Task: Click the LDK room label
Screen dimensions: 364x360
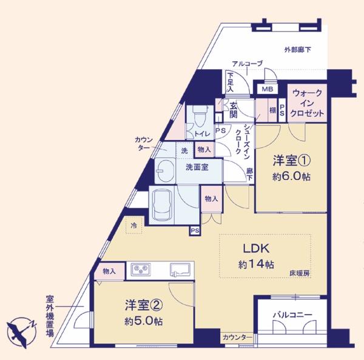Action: [x=256, y=248]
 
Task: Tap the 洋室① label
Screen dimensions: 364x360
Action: [x=292, y=161]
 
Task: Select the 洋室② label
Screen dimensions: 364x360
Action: [x=144, y=305]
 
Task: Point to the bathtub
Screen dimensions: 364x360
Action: [x=162, y=205]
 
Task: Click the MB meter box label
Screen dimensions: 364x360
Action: [x=268, y=89]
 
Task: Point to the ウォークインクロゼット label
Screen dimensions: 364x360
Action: [x=307, y=103]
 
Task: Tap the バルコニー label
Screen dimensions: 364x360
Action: [x=292, y=315]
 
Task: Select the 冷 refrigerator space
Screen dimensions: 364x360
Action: [x=134, y=225]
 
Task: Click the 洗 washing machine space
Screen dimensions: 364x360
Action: [x=184, y=150]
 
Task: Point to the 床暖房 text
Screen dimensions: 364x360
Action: [x=300, y=273]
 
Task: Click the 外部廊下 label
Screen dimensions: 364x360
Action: [x=298, y=50]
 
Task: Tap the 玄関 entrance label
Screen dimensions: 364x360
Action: [x=234, y=110]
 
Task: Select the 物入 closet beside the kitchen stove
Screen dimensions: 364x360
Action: [x=109, y=271]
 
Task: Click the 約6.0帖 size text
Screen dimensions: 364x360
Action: [x=291, y=177]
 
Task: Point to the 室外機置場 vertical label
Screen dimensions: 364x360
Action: [x=50, y=316]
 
